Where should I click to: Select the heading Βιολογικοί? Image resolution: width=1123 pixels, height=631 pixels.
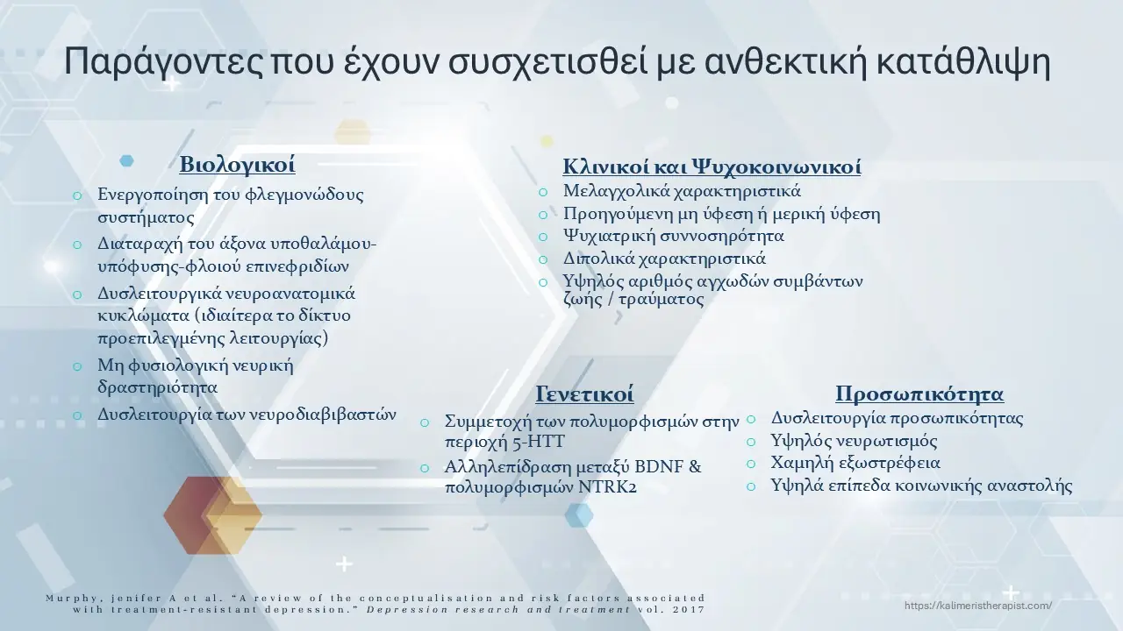tap(237, 165)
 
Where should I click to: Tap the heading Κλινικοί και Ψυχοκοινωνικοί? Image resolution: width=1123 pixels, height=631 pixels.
tap(711, 167)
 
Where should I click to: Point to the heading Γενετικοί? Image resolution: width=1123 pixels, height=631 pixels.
tap(584, 393)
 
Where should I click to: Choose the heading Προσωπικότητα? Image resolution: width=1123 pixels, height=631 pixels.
tap(919, 393)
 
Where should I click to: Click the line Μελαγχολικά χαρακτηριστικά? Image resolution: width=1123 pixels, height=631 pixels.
tap(682, 191)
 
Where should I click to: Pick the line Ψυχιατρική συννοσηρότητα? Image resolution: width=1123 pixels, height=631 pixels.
tap(674, 237)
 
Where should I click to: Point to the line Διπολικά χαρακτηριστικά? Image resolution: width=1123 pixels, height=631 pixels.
tap(664, 259)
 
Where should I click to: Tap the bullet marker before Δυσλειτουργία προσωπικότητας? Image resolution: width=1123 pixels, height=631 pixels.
tap(752, 420)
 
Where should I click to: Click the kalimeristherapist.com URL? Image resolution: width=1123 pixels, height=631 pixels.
tap(977, 606)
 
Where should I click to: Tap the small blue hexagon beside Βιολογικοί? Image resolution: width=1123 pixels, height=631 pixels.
tap(127, 160)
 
